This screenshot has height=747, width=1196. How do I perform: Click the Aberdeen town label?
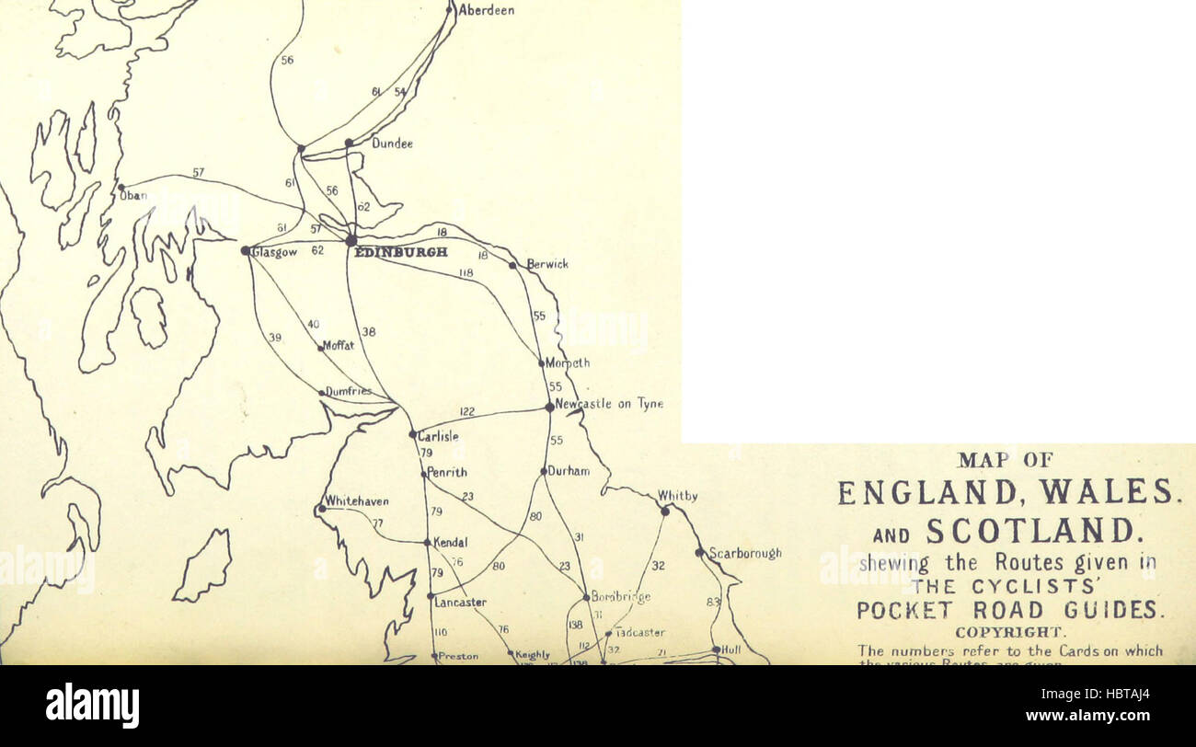(x=486, y=10)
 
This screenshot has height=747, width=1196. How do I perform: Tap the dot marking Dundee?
(x=349, y=143)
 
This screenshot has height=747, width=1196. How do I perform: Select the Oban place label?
(x=133, y=195)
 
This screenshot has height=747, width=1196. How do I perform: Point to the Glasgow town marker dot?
(x=246, y=250)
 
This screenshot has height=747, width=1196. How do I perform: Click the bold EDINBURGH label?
(x=401, y=251)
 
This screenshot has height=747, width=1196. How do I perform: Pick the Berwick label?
(x=547, y=264)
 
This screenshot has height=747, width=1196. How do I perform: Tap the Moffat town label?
(x=338, y=346)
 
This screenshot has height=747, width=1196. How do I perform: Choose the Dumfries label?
(x=349, y=391)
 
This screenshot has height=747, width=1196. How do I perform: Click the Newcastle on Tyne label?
(x=609, y=404)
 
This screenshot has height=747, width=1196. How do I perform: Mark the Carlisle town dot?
(x=412, y=433)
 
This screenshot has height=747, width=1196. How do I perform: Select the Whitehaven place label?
(x=357, y=501)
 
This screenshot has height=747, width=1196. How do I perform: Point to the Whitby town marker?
(x=664, y=511)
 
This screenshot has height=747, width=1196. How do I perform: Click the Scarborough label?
(x=744, y=553)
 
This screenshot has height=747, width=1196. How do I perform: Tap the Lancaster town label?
(x=460, y=603)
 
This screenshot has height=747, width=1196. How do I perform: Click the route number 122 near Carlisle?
(x=467, y=411)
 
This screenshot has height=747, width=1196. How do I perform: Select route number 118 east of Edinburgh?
(x=466, y=272)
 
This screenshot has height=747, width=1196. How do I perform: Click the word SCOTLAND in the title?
(x=1032, y=531)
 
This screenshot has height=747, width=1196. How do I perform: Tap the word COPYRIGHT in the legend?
(x=1010, y=632)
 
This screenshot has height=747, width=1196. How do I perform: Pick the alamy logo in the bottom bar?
(x=92, y=706)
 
